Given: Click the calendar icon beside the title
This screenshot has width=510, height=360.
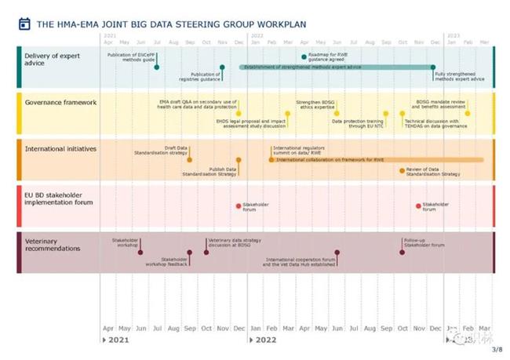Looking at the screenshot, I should (24, 24).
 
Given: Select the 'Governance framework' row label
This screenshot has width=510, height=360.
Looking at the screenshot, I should (60, 102).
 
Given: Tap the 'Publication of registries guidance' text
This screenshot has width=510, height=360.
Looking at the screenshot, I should (201, 76).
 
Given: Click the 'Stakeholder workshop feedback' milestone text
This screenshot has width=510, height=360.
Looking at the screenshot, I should (166, 262).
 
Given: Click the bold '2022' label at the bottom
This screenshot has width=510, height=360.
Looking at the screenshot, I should (265, 340).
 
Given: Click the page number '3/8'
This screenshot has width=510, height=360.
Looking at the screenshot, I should (496, 350).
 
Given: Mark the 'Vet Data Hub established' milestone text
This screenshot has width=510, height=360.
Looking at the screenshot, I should (301, 264).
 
